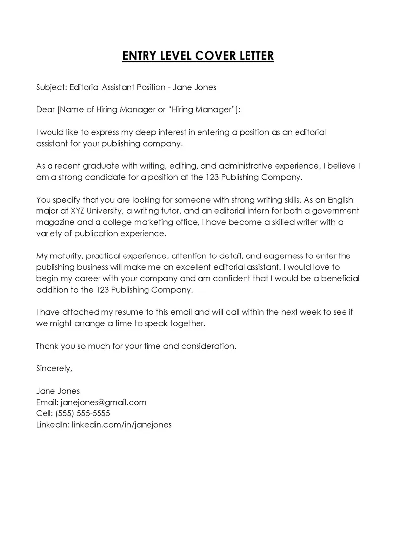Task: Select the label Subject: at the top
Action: pos(51,88)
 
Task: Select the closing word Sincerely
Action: pos(54,368)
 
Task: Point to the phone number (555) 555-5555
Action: pos(83,413)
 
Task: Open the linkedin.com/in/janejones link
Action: pos(122,424)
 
